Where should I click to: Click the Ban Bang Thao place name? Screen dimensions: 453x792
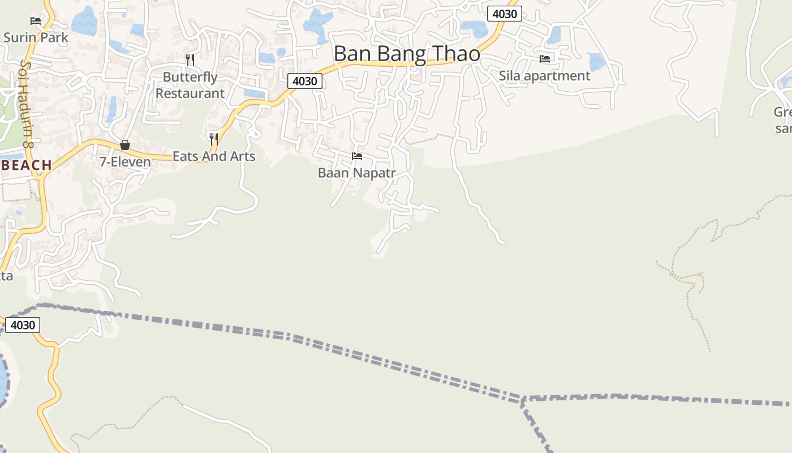point(407,54)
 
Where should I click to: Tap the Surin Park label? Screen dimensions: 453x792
point(36,38)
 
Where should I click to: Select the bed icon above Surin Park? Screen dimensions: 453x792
point(36,21)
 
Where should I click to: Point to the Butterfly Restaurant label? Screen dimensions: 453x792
point(190,85)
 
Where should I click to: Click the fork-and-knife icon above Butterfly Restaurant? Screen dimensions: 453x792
point(190,59)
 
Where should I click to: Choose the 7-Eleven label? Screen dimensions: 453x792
point(125,162)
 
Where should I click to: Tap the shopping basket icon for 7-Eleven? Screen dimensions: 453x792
point(125,146)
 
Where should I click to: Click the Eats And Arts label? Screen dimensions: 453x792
point(214,156)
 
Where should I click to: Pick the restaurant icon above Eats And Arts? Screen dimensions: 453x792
point(214,139)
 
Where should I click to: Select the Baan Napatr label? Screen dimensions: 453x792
point(356,173)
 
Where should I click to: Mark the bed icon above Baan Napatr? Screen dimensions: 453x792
point(357,156)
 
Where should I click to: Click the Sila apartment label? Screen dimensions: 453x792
point(544,76)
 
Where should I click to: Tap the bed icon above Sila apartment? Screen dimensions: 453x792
point(545,59)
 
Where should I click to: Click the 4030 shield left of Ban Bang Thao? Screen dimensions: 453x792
point(304,81)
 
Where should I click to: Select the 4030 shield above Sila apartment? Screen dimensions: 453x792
point(504,14)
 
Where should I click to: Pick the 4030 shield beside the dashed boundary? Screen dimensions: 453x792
point(23,325)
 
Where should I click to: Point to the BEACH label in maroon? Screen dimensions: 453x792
point(27,165)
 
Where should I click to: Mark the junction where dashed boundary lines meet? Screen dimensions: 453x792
point(523,400)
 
